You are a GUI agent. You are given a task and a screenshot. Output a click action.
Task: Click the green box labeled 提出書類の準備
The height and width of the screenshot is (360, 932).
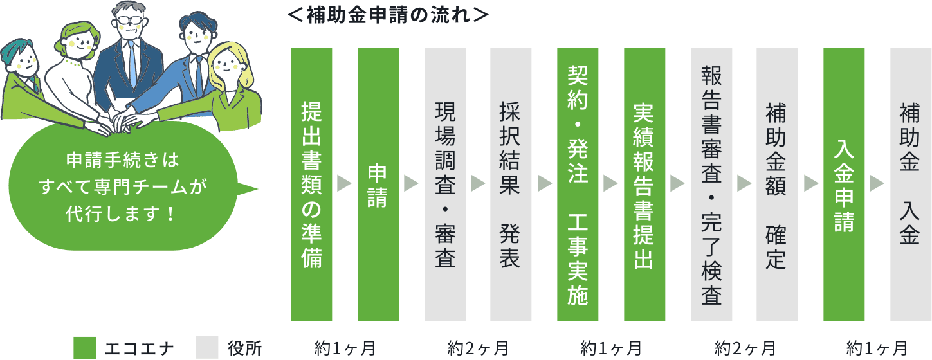(x=311, y=184)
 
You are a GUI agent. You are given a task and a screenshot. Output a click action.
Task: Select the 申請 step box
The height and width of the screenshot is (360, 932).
(x=378, y=184)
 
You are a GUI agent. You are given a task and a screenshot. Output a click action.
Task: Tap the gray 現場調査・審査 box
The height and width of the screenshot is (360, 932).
(x=445, y=184)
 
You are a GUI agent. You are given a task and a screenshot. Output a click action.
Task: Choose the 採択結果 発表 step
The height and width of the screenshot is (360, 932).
(x=511, y=184)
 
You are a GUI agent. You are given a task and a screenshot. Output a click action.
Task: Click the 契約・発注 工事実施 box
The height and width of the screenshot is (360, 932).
(x=578, y=184)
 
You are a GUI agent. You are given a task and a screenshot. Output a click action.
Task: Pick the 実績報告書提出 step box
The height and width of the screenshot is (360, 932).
(x=644, y=184)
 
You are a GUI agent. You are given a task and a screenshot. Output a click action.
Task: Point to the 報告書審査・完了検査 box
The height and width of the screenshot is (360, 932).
(x=711, y=184)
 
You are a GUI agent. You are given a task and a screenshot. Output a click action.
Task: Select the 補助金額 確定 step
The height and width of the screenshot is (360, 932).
(x=777, y=184)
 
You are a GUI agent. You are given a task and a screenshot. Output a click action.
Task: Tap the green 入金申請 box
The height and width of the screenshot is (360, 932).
(x=844, y=184)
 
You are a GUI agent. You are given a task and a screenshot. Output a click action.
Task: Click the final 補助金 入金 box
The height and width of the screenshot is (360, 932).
(x=910, y=184)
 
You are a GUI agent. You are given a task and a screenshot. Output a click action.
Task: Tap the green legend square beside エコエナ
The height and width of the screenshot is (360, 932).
(x=84, y=348)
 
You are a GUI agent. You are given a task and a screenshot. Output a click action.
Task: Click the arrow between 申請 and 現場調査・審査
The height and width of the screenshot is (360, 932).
(x=411, y=184)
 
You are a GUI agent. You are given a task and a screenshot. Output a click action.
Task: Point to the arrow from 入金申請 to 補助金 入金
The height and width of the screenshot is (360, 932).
(x=876, y=184)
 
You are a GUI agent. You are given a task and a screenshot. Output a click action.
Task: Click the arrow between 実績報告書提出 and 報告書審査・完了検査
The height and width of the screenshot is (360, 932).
(x=677, y=184)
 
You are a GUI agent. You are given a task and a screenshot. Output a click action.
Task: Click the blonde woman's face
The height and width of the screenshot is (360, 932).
(x=225, y=65)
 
